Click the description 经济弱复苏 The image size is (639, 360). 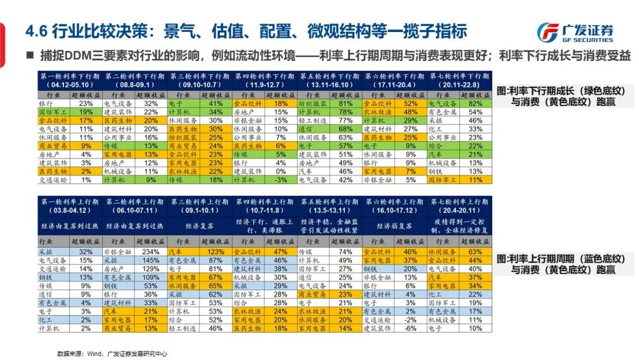tap(394, 226)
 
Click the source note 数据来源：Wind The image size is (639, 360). tap(112, 353)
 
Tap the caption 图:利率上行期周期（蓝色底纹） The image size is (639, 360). tap(561, 259)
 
